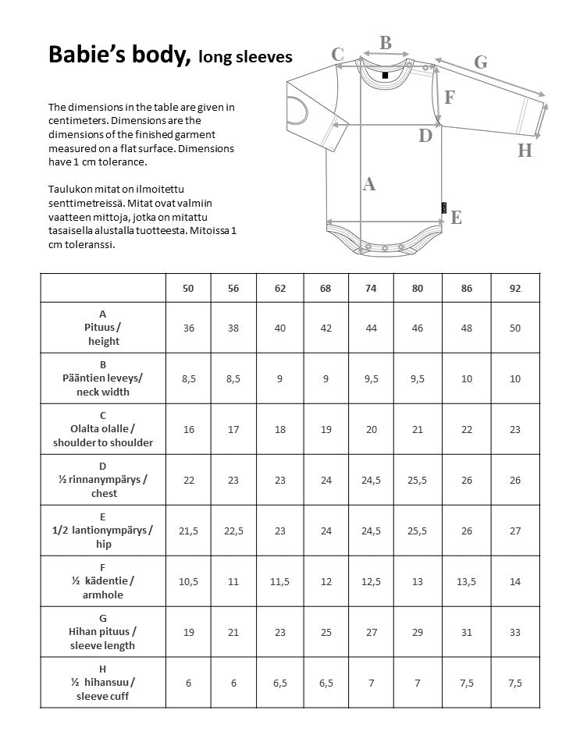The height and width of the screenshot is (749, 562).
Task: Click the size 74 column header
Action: tap(371, 288)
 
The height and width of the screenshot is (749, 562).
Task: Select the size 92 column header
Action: tap(514, 288)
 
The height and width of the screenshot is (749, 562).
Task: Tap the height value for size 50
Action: tap(189, 328)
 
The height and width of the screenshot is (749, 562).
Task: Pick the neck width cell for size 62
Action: tap(280, 378)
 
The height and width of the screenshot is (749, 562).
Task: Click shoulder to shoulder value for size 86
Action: tap(467, 429)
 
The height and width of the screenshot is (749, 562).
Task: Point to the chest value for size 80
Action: tap(418, 480)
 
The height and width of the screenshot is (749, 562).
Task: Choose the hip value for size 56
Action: tap(233, 531)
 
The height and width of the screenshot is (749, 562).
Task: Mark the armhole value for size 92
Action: tap(514, 581)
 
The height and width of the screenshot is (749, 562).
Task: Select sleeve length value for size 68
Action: tap(326, 632)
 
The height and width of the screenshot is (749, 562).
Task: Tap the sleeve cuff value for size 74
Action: tap(371, 683)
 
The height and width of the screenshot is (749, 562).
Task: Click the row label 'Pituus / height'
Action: tap(103, 328)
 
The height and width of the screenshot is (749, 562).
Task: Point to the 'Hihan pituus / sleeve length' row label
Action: tap(103, 632)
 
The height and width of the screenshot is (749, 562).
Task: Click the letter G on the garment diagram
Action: tap(481, 62)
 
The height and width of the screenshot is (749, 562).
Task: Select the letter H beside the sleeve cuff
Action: tap(525, 151)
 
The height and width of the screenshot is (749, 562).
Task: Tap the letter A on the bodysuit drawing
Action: tap(370, 184)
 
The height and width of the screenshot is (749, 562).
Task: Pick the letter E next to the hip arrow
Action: tap(457, 218)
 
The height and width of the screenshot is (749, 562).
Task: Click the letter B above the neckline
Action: tap(386, 44)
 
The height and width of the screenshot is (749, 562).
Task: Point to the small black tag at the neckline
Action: tap(385, 76)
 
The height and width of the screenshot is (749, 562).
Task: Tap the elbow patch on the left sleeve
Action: tap(297, 110)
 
